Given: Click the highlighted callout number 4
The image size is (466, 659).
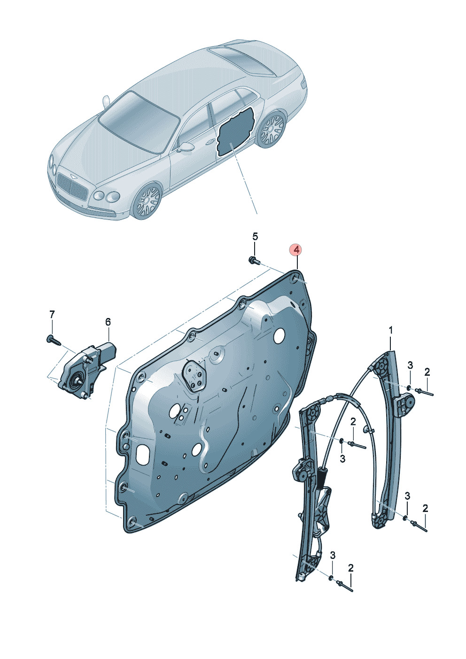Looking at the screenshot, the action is pos(296,250).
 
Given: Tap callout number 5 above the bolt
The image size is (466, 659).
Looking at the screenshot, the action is pos(255,236).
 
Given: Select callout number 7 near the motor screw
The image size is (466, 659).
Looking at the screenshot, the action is pos(52,315).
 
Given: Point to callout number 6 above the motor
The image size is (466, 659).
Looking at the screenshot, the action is pos(108,322).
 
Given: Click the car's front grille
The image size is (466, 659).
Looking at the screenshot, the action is pos(72,186).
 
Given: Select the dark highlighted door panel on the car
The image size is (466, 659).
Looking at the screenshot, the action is pos(235,131).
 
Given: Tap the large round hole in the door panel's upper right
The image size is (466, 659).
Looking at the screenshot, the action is pos(280,335).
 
